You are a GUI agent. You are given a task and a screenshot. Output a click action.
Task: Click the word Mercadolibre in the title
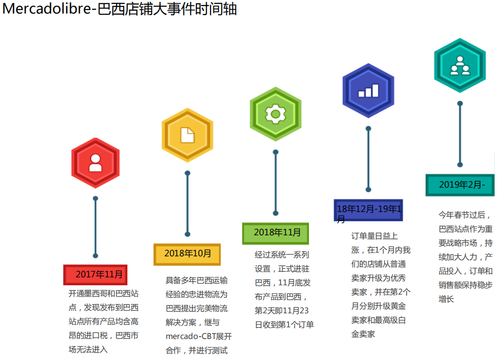click(x=47, y=9)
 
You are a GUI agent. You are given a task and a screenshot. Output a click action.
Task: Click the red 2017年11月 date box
click(x=95, y=275)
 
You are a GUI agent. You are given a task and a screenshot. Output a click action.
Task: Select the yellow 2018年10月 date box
click(x=187, y=254)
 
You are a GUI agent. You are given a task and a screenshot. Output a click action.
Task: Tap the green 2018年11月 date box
click(x=275, y=233)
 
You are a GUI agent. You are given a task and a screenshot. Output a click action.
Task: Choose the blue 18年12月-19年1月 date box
click(x=368, y=210)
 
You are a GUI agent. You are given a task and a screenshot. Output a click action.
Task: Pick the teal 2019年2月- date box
click(x=460, y=185)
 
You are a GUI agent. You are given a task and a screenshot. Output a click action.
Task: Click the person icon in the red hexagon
click(x=96, y=163)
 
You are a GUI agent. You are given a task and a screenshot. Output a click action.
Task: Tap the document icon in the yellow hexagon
click(x=188, y=135)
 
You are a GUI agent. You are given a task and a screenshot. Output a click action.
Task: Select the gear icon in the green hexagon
click(x=275, y=114)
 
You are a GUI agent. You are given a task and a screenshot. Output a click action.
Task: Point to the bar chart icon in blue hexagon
click(x=368, y=91)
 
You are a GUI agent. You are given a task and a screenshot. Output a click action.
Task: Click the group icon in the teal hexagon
click(x=460, y=66)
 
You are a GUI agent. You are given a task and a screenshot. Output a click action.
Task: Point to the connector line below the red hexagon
click(x=96, y=227)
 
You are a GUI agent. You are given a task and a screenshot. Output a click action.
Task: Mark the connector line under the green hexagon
click(x=275, y=183)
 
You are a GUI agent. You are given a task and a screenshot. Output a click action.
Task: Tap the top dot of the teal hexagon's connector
click(x=460, y=104)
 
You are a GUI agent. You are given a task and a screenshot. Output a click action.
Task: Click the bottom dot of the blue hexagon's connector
click(x=368, y=190)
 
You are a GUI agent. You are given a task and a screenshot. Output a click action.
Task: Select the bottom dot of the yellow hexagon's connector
click(x=188, y=234)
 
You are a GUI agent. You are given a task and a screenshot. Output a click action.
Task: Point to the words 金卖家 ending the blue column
click(x=363, y=334)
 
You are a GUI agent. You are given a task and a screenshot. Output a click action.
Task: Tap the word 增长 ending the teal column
click(x=446, y=299)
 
